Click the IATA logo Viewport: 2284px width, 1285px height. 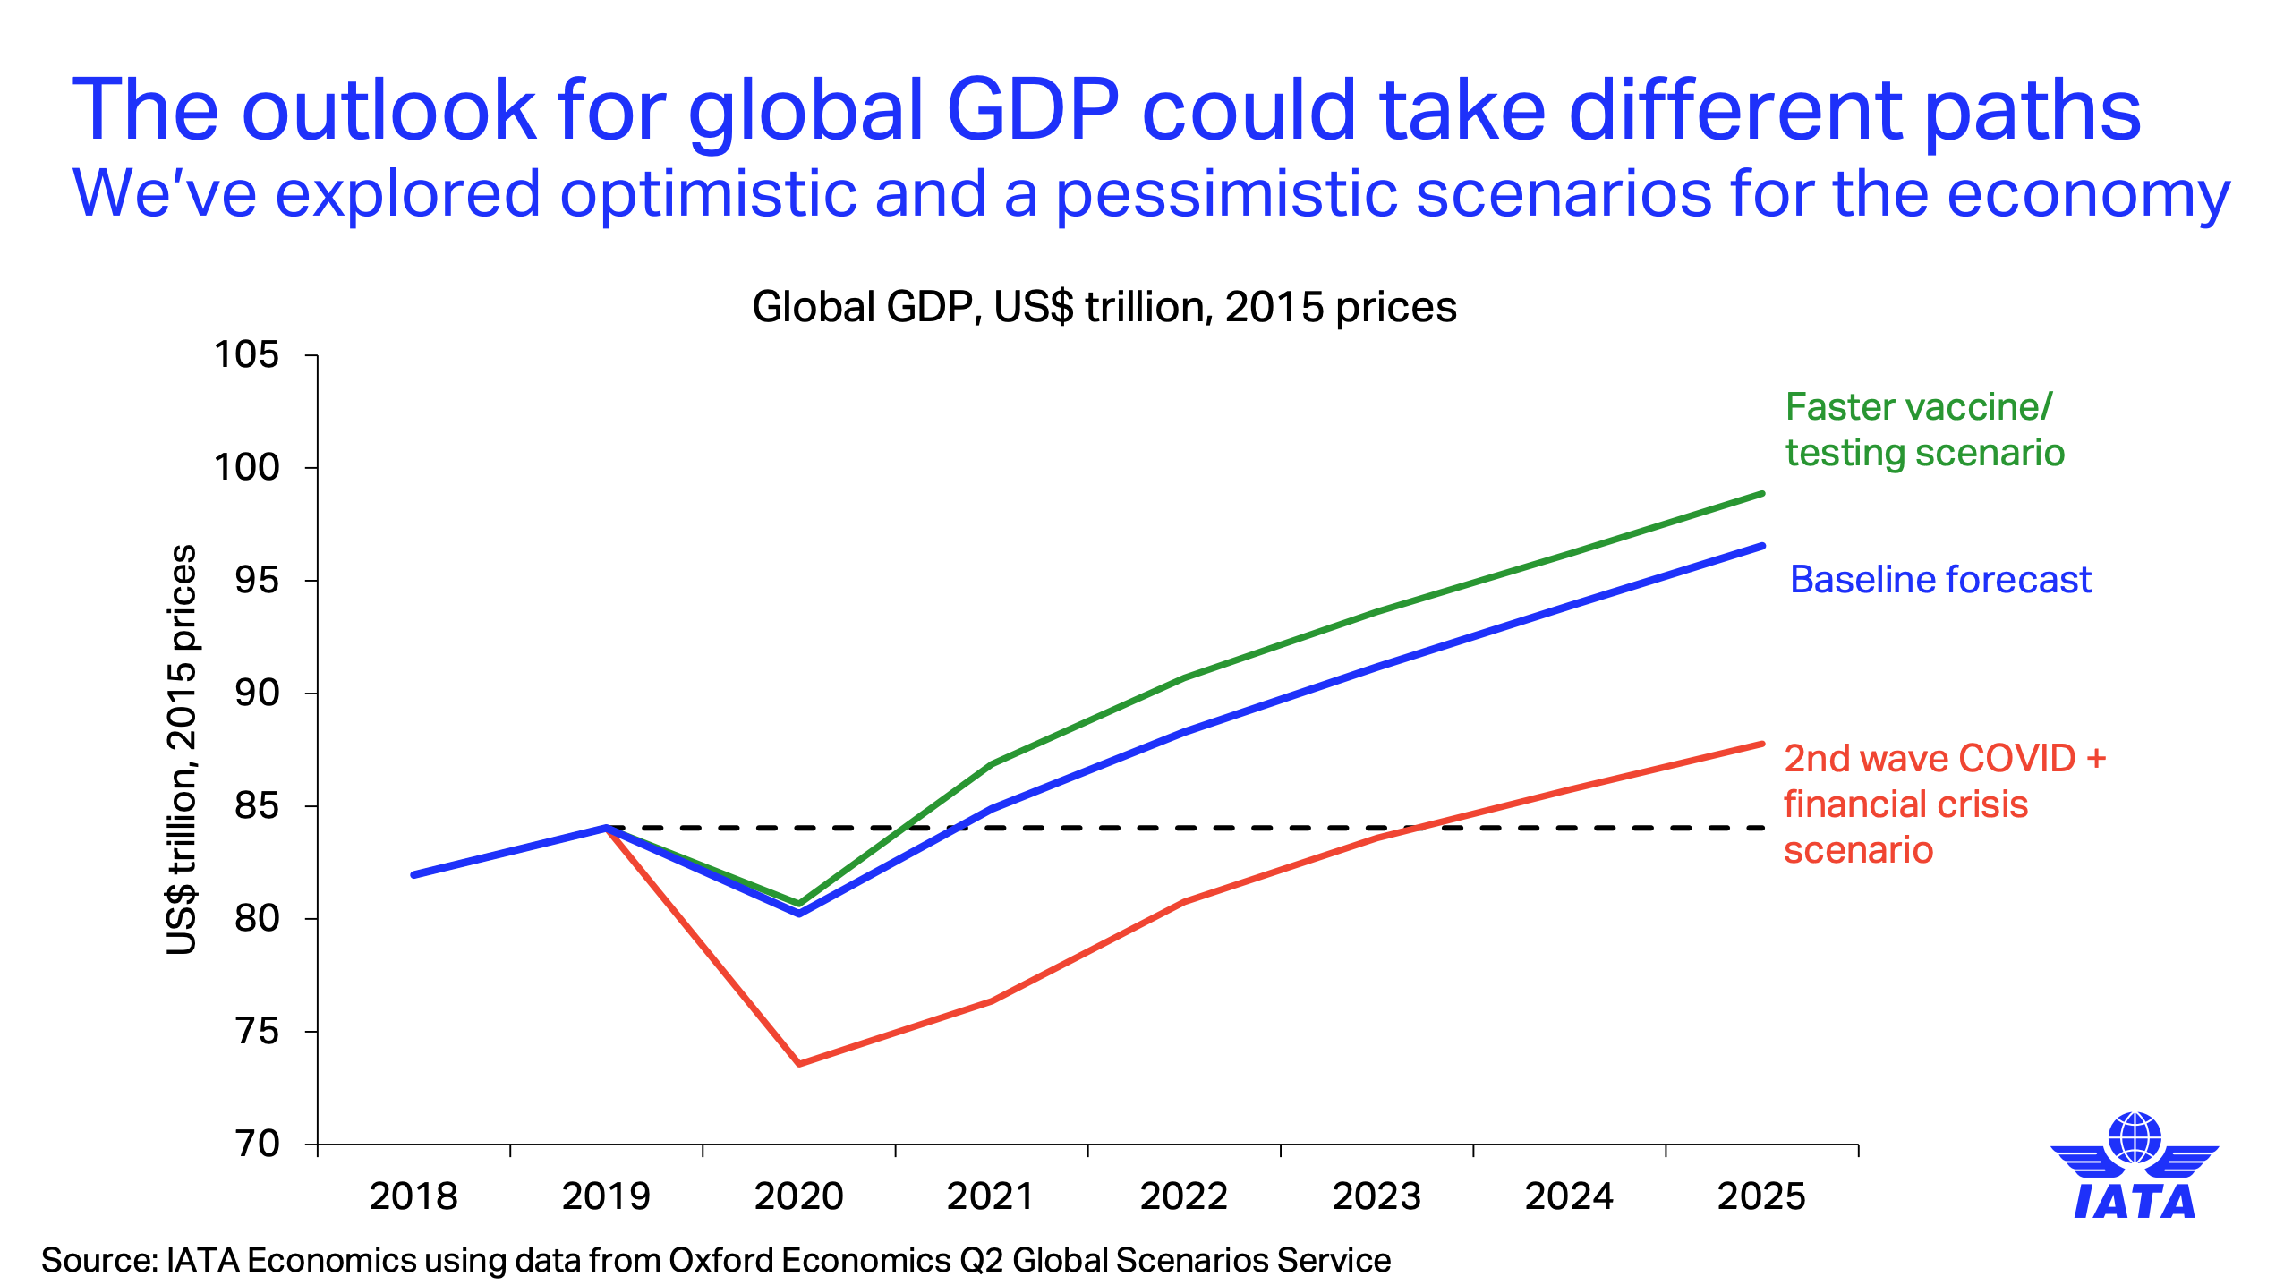[x=2135, y=1166]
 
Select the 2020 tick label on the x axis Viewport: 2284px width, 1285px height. [x=798, y=1196]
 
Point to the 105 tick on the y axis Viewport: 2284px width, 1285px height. [x=246, y=355]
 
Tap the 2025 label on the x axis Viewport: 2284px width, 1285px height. [x=1761, y=1196]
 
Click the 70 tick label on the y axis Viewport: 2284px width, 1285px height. [x=258, y=1144]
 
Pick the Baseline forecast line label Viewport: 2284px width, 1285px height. [x=1940, y=580]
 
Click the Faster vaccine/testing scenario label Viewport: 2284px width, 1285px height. [x=1924, y=430]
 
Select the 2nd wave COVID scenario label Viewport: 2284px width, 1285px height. [x=1944, y=804]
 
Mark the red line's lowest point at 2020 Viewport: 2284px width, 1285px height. [x=799, y=1063]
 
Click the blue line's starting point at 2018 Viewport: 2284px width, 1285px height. [x=413, y=874]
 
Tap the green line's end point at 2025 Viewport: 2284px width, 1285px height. [x=1761, y=494]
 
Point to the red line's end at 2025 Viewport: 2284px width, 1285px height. [x=1761, y=745]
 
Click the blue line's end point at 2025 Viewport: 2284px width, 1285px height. [x=1761, y=546]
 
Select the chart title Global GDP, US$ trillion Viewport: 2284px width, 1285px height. [x=1104, y=307]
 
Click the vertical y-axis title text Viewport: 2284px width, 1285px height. [x=182, y=750]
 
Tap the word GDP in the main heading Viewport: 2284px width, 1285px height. [x=1033, y=110]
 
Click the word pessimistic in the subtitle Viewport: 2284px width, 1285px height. [x=1226, y=194]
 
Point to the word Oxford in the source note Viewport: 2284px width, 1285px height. [x=721, y=1260]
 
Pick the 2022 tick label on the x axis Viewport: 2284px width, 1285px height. [x=1183, y=1196]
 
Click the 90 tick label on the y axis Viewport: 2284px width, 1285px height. [x=258, y=693]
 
